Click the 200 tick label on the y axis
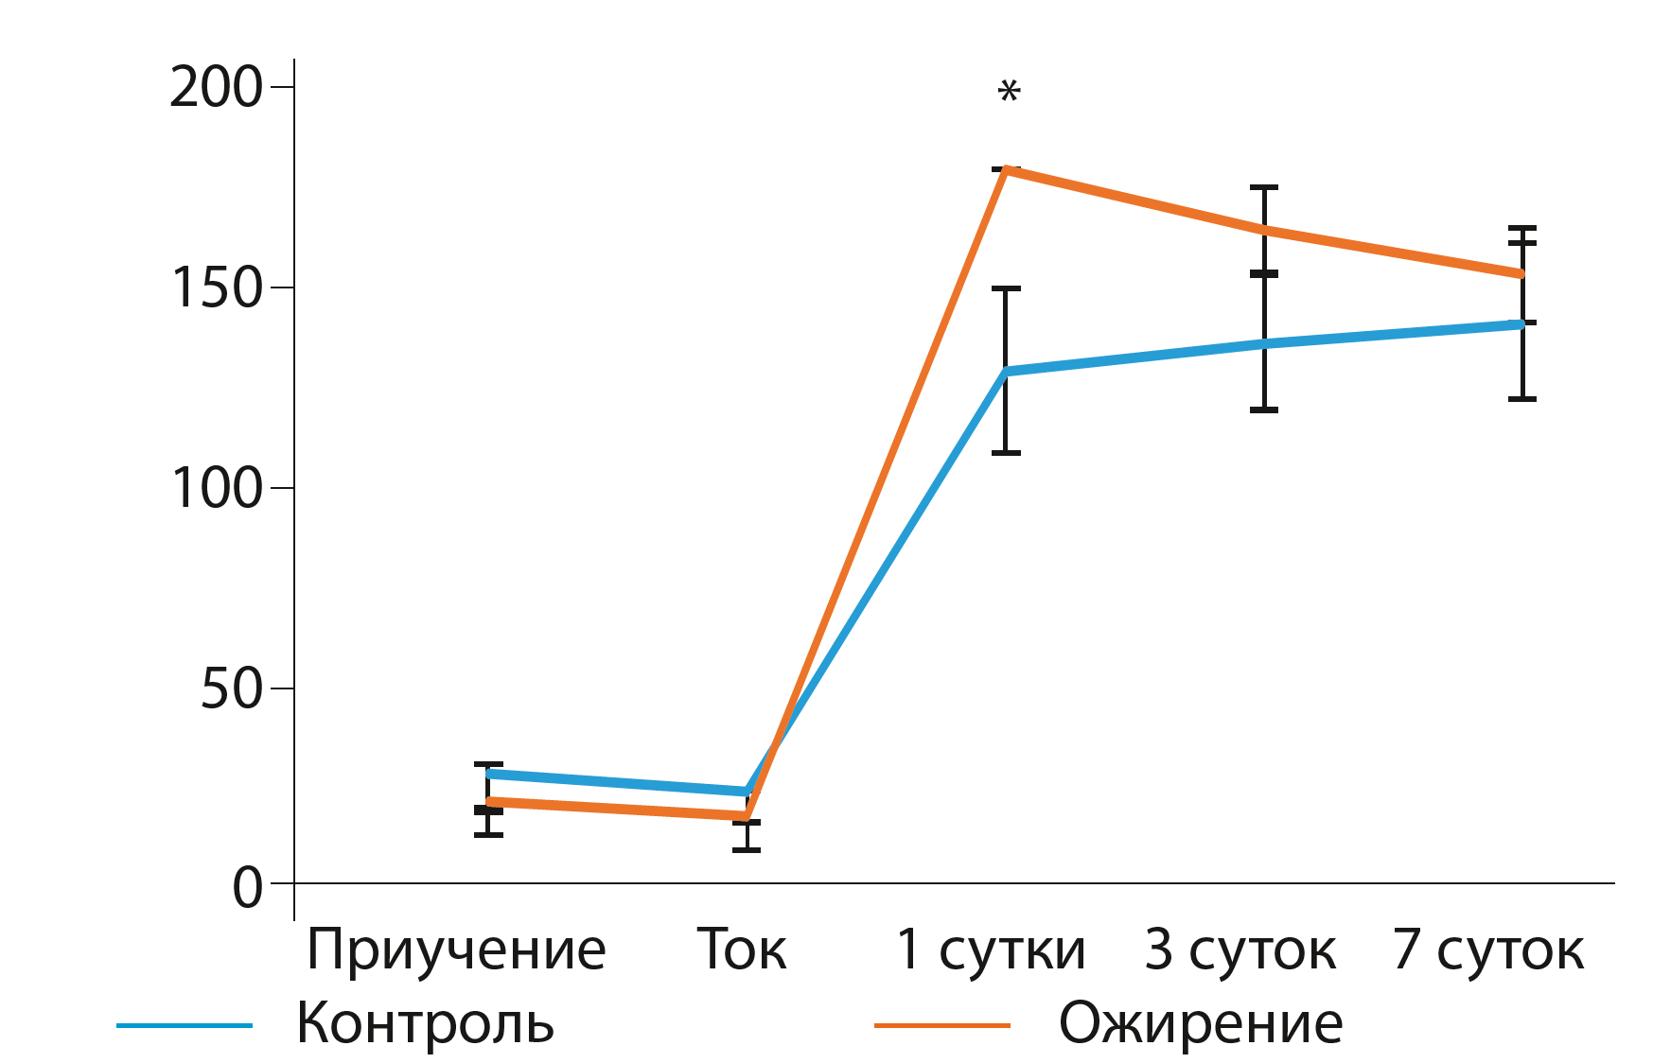216,88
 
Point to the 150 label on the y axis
216,288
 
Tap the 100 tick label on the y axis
216,489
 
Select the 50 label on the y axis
231,689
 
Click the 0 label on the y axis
248,888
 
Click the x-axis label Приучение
456,950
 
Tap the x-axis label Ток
742,950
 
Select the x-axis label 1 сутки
991,950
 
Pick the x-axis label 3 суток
1240,950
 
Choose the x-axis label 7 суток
1488,950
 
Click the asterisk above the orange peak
1010,93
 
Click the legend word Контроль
425,1023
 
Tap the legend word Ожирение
1201,1023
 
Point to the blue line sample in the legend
185,1025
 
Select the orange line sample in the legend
942,1025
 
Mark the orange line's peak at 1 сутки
1006,170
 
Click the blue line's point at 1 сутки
1006,371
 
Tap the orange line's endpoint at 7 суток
1521,274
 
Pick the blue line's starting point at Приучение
489,774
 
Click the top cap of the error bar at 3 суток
1264,187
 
